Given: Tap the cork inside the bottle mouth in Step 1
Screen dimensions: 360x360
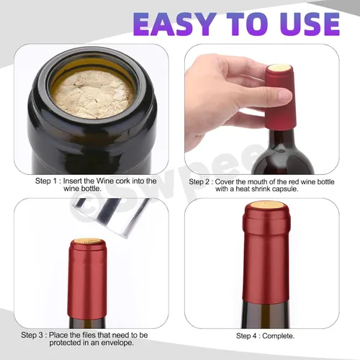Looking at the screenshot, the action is click(93, 94).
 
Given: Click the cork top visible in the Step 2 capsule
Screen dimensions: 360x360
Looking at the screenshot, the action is click(279, 68).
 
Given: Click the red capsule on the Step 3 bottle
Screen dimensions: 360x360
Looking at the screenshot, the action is click(87, 279).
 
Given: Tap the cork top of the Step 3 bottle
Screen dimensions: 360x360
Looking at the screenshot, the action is click(87, 241).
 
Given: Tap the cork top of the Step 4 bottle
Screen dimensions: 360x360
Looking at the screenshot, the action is click(266, 205).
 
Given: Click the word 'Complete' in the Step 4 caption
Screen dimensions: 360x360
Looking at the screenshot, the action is click(277, 336).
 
